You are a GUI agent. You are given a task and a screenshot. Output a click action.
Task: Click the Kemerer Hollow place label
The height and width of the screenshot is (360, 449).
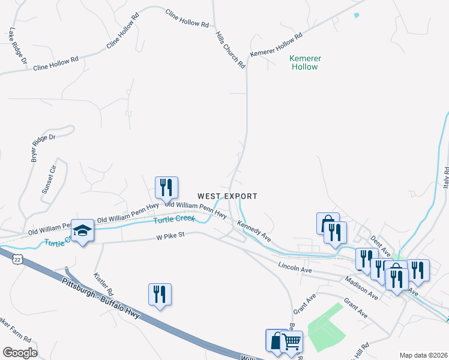point(305,62)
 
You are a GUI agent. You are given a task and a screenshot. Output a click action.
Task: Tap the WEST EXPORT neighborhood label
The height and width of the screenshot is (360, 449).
point(228,196)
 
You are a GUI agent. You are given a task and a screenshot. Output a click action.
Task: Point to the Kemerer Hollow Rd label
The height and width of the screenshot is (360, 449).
point(276,46)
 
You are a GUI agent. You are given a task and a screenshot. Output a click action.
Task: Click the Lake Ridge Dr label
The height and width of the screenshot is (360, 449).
point(18,46)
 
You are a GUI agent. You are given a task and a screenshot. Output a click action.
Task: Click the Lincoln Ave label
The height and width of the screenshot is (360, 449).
point(295,267)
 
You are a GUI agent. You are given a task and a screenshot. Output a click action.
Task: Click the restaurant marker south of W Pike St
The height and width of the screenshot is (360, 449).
point(160,295)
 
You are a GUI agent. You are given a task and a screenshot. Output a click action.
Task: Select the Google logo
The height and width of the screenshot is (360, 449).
point(20,353)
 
